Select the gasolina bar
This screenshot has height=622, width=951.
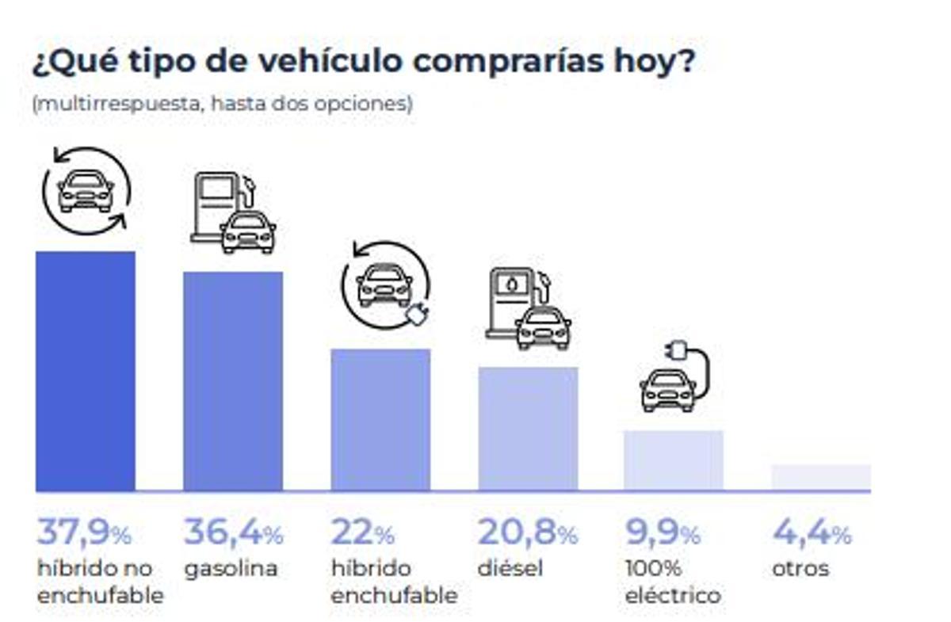(x=233, y=381)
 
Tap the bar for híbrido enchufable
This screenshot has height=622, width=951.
(x=380, y=419)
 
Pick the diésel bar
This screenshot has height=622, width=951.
(x=528, y=429)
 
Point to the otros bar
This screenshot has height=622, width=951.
(x=821, y=477)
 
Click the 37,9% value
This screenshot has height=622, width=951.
(x=83, y=532)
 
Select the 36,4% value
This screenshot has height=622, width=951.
(x=233, y=532)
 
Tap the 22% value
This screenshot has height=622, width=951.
(x=362, y=532)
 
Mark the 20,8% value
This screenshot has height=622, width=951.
(x=528, y=532)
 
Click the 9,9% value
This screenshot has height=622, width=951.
(x=663, y=532)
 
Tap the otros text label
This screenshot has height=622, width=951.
(x=800, y=568)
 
